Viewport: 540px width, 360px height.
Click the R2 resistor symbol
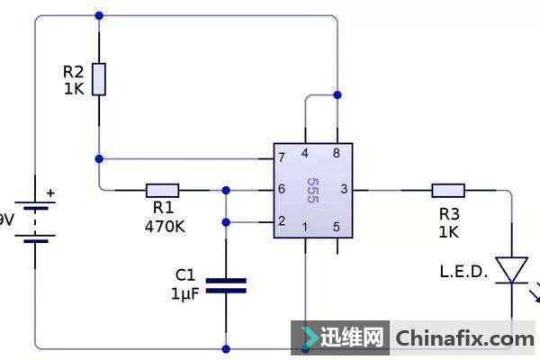(x=99, y=79)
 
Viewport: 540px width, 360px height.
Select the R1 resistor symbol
(x=162, y=190)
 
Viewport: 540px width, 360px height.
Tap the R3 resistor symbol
(x=447, y=190)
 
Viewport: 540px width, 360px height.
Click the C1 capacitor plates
(x=225, y=286)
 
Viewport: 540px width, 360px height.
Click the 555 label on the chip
(x=311, y=190)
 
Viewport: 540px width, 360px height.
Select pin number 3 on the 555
(x=343, y=190)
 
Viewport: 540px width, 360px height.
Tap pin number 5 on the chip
(x=337, y=226)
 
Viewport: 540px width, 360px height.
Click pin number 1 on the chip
(x=306, y=226)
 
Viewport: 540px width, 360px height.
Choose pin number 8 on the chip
(x=337, y=154)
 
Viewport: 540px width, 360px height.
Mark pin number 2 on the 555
(x=283, y=221)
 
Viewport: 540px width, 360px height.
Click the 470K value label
(x=165, y=227)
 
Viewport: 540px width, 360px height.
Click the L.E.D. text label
(x=463, y=271)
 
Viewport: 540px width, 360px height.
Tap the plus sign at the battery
(x=50, y=193)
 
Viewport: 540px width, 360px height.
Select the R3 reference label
(x=449, y=214)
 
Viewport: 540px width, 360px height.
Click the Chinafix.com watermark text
(x=464, y=339)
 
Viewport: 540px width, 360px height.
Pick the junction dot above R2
(x=99, y=15)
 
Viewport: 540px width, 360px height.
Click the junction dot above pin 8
(x=337, y=94)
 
